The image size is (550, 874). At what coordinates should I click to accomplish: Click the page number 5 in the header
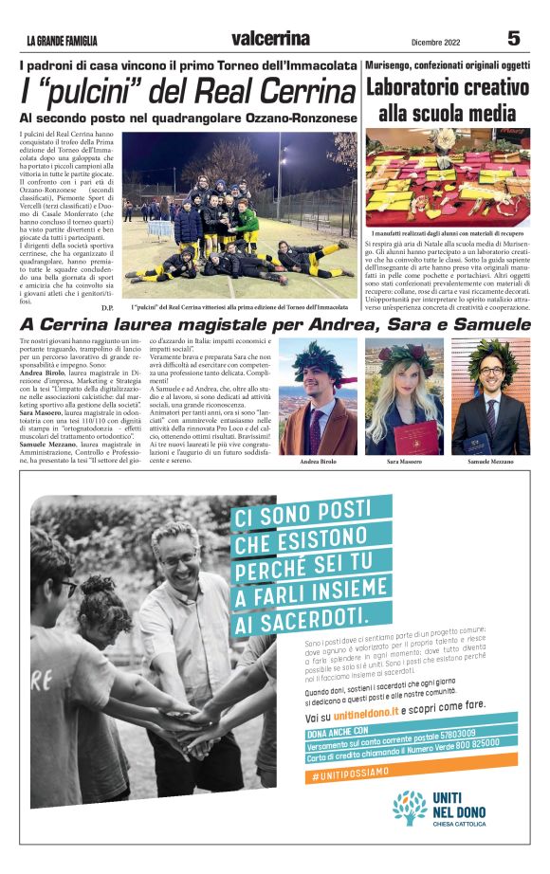coord(514,38)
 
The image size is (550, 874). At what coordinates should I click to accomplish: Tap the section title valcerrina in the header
coord(270,39)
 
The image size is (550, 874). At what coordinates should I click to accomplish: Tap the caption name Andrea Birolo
coord(319,461)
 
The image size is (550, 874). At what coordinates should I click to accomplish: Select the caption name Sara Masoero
coord(405,461)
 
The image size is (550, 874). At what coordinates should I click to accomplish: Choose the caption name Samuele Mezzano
coord(490,461)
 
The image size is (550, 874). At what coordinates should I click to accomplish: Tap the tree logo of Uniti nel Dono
coord(411,808)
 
